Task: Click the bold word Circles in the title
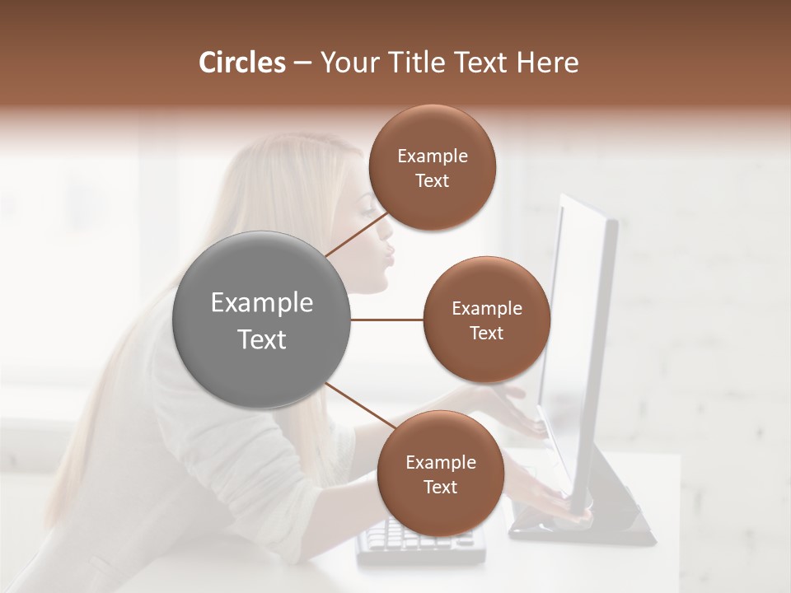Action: tap(241, 63)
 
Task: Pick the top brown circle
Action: tap(432, 168)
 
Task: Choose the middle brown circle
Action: tap(486, 320)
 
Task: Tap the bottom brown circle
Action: tap(440, 474)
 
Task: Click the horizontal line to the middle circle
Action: tap(386, 320)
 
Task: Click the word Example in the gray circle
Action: tap(262, 303)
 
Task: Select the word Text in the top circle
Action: tap(432, 181)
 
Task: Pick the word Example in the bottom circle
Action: tap(440, 463)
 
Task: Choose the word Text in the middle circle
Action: tap(486, 334)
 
